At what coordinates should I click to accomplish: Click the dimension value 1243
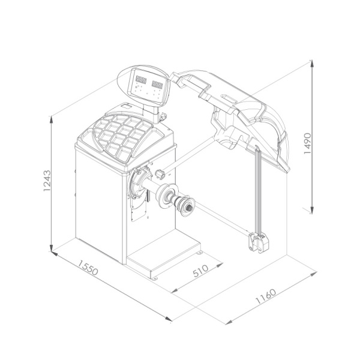(x=47, y=181)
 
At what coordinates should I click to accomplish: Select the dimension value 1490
(x=307, y=143)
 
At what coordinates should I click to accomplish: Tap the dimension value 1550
(x=88, y=267)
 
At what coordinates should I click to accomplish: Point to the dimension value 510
(x=200, y=271)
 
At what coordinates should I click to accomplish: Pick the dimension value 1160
(x=266, y=296)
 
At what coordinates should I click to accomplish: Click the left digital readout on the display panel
(x=141, y=80)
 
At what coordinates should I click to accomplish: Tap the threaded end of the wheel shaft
(x=190, y=208)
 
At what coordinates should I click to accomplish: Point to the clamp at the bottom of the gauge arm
(x=259, y=242)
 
